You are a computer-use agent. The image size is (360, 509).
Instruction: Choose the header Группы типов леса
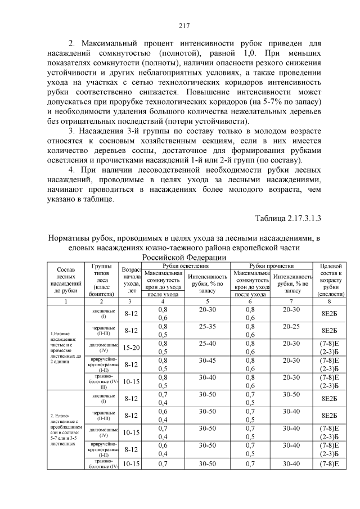[102, 280]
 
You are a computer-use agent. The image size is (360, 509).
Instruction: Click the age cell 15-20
[131, 348]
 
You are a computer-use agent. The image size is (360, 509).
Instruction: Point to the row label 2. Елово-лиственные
[62, 429]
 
